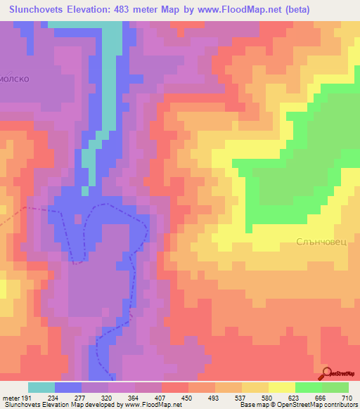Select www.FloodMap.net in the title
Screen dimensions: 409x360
[x=228, y=10]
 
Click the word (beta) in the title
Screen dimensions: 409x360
[x=294, y=10]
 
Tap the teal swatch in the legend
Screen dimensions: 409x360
[x=41, y=387]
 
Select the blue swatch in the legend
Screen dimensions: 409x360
[x=68, y=387]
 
